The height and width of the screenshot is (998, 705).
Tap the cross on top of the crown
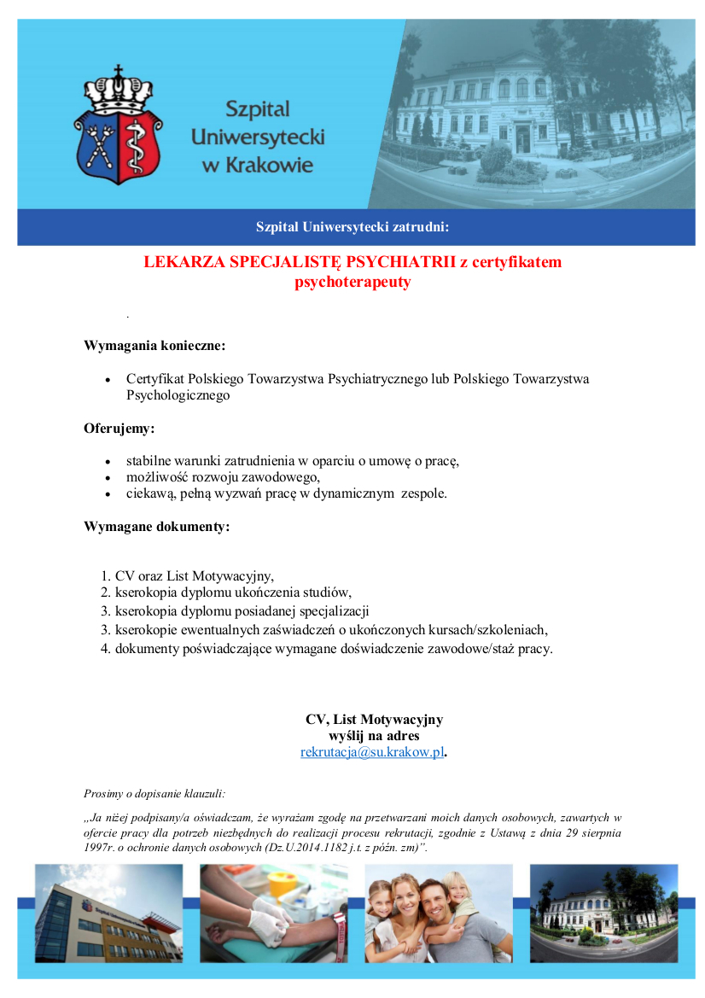tap(118, 69)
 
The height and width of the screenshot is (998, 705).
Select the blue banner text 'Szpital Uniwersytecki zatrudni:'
tap(352, 227)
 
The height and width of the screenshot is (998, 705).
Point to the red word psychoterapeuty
tap(352, 282)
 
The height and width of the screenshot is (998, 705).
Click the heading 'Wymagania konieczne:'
tap(154, 346)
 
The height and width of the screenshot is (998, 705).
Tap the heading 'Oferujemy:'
tap(119, 428)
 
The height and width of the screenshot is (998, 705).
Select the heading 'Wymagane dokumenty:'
tap(156, 526)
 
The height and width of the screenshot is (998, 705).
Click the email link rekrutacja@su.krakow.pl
tap(372, 752)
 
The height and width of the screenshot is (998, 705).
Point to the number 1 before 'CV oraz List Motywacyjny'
tap(105, 576)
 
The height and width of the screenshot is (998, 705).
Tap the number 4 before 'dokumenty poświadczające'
tap(105, 649)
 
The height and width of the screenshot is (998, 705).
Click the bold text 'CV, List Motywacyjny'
tap(374, 720)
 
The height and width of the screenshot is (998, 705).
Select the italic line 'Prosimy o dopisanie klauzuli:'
tap(154, 793)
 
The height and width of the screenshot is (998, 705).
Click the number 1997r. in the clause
tap(101, 849)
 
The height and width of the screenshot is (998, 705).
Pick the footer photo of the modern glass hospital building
tap(108, 913)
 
